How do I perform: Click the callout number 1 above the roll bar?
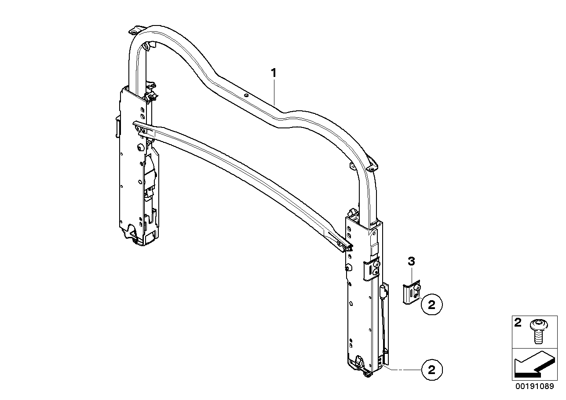274,73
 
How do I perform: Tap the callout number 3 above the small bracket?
411,262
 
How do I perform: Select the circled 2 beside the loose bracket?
431,305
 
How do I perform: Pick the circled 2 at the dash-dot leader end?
431,370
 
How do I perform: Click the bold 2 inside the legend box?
518,323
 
